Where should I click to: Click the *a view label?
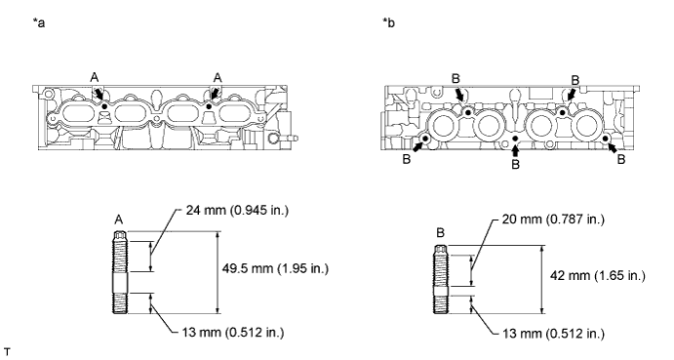[x=39, y=22]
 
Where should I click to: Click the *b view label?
[x=388, y=22]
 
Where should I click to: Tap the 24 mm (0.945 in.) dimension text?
[x=237, y=211]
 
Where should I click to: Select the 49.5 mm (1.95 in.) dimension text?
[x=275, y=269]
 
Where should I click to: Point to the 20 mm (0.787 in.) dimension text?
[x=554, y=220]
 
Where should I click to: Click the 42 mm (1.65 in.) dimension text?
[x=598, y=276]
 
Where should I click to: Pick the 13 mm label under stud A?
[x=233, y=333]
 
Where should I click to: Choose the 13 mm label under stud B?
[x=554, y=334]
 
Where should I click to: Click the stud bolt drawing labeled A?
[x=120, y=273]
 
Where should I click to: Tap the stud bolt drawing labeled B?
[x=441, y=280]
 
